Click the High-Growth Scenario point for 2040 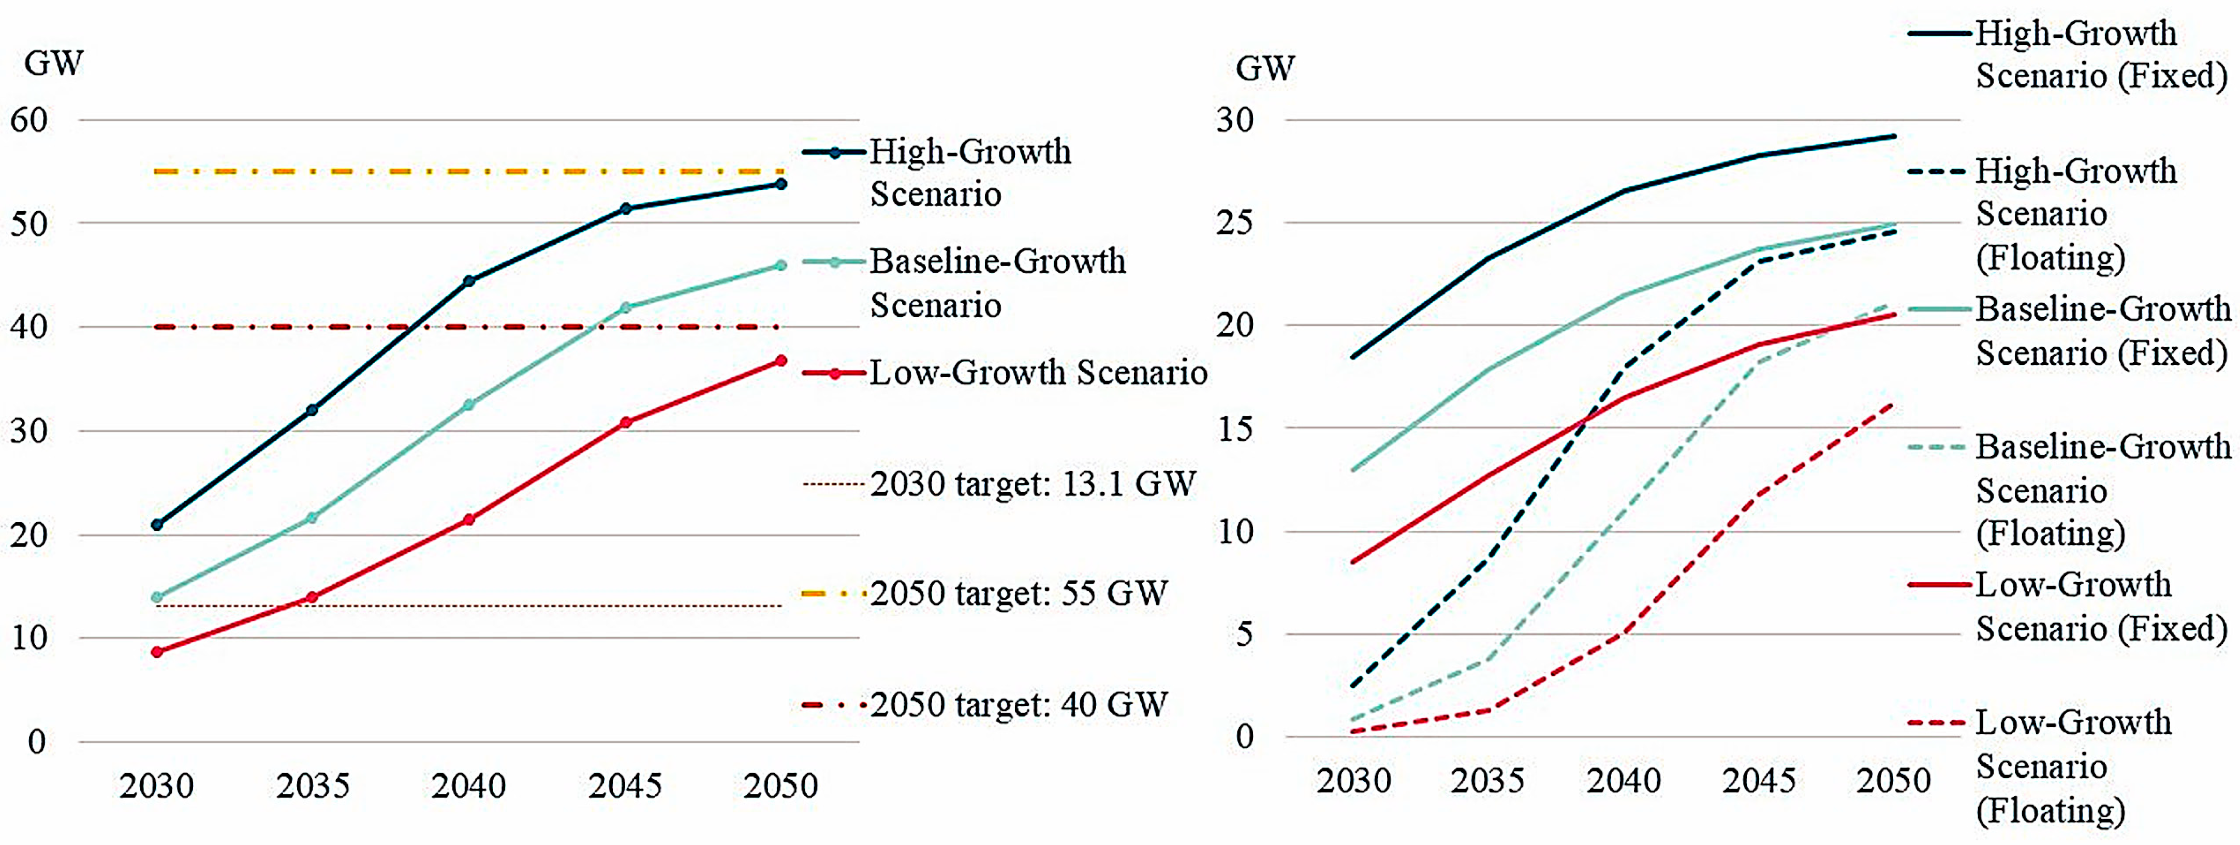pos(469,281)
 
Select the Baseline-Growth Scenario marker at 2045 pos(625,307)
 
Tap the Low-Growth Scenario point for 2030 pos(156,651)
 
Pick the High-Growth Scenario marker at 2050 pos(781,183)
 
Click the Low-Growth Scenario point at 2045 pos(625,422)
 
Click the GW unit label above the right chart pos(1265,68)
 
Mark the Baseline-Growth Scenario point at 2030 pos(156,597)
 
